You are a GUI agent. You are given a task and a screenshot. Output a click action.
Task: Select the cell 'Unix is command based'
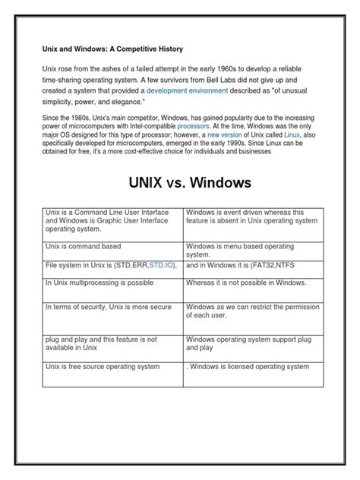pyautogui.click(x=84, y=247)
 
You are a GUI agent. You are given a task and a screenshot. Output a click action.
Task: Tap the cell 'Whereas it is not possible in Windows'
pyautogui.click(x=246, y=283)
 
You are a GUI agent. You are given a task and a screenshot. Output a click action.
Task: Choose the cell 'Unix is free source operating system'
pyautogui.click(x=103, y=366)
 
